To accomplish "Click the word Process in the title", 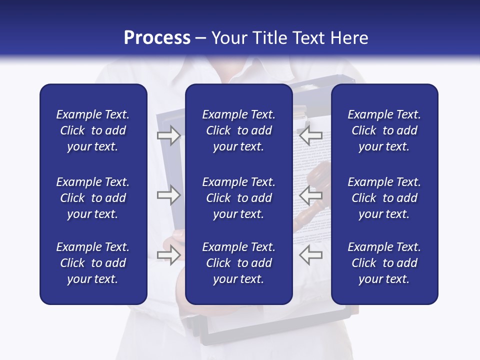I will pos(157,38).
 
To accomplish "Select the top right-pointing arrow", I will pos(169,135).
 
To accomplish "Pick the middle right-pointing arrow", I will pos(169,195).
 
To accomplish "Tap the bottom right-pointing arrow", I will pos(169,255).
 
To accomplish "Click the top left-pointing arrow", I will pos(311,135).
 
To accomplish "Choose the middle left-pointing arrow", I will pos(311,195).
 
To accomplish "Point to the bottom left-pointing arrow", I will pos(311,255).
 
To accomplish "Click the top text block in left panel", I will pos(93,130).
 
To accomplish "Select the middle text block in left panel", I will pos(93,198).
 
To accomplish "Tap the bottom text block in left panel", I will pos(93,263).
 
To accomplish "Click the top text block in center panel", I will pos(238,130).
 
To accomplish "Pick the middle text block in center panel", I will pos(238,198).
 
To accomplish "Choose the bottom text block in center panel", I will pos(238,263).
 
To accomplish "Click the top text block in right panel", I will pos(384,130).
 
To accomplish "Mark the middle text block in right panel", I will pos(384,198).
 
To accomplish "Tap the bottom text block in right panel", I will pos(384,263).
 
